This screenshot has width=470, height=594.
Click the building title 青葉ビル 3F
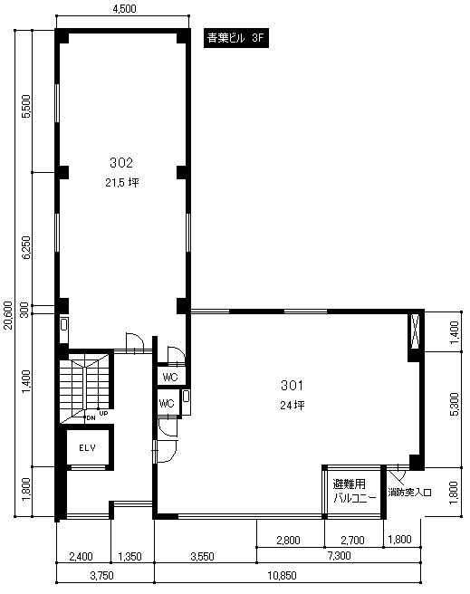point(236,38)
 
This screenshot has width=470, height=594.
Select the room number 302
point(121,162)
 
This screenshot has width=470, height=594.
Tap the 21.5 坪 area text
point(122,183)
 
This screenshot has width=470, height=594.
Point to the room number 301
point(292,385)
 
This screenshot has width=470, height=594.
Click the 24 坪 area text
point(293,405)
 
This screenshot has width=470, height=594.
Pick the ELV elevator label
point(88,448)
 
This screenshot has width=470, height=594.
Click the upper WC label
point(170,377)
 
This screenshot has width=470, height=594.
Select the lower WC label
point(167,403)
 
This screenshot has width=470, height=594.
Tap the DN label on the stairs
point(91,418)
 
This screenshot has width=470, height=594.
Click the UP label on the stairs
point(103,414)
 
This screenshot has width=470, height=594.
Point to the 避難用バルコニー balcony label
point(354,491)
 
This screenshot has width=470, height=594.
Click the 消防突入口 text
point(409,493)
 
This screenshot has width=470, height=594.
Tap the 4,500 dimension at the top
point(124,8)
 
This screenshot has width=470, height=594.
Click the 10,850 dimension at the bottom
point(283,576)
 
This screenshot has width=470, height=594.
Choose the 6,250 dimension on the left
point(25,248)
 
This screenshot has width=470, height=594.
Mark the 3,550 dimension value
point(202,557)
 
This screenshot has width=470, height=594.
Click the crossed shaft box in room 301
point(416,331)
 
